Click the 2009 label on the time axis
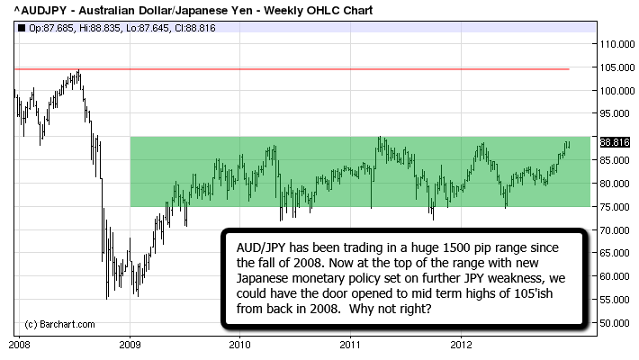[130, 344]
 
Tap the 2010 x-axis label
[240, 344]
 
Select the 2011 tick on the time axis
[351, 344]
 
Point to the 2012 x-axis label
[462, 344]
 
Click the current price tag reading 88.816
[613, 142]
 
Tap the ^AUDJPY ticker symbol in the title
[37, 10]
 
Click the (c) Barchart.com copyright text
[54, 323]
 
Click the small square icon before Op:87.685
[21, 27]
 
